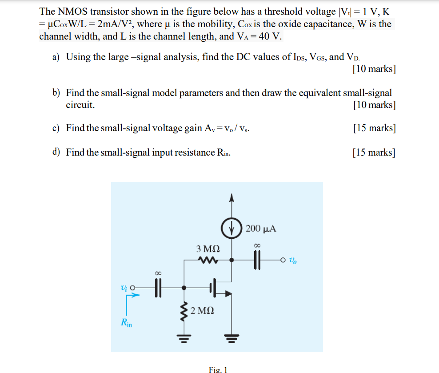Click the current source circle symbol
click(230, 229)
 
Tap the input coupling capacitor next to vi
click(158, 288)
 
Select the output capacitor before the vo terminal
click(256, 261)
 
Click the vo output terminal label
click(292, 261)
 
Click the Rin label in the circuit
click(127, 323)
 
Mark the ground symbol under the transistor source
click(230, 340)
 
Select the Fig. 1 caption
click(218, 369)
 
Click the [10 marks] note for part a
click(373, 69)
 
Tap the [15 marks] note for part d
click(373, 152)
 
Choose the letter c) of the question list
click(56, 128)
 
